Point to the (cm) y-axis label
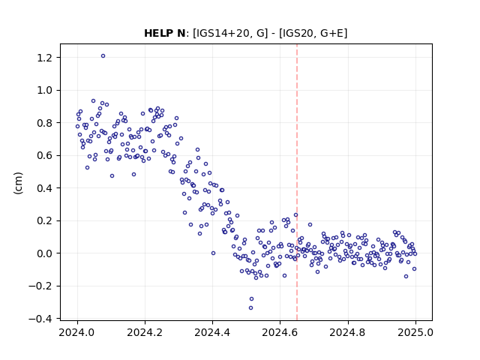[x=18, y=183]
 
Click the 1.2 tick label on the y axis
[x=45, y=58]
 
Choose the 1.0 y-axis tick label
[x=45, y=90]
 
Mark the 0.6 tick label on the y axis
[x=45, y=155]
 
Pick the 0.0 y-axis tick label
[x=45, y=253]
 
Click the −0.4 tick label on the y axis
[x=41, y=319]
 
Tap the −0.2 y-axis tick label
[x=41, y=286]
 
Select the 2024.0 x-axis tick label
[x=77, y=332]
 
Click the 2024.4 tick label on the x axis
[x=212, y=332]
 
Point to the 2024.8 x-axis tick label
[x=348, y=332]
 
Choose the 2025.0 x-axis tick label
[x=415, y=332]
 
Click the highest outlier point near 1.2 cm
[x=103, y=56]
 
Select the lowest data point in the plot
[x=250, y=308]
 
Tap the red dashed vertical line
[x=297, y=182]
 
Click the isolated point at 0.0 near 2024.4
[x=213, y=253]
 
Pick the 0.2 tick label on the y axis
[x=45, y=220]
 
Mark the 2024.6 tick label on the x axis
[x=280, y=332]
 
